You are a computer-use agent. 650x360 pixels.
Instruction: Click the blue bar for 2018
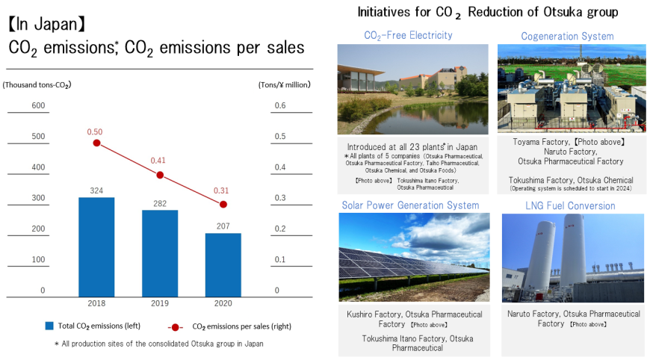point(96,247)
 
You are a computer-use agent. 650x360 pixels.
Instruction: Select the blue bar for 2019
point(160,253)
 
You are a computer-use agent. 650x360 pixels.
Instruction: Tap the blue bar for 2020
point(223,265)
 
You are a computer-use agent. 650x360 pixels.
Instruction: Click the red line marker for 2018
point(96,143)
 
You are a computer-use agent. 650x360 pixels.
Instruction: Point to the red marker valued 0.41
point(160,175)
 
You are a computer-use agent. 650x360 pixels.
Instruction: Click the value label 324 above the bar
point(96,190)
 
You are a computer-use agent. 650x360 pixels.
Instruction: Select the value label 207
point(223,226)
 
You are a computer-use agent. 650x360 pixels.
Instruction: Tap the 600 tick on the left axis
point(37,105)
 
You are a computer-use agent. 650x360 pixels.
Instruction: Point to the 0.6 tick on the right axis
point(280,105)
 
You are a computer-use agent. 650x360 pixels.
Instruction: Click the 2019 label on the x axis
point(160,304)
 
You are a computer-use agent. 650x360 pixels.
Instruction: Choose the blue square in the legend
point(49,326)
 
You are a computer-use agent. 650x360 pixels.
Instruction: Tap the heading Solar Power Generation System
point(410,205)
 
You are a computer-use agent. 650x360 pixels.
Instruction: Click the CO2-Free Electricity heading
point(408,35)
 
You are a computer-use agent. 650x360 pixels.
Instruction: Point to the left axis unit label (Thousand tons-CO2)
point(37,84)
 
